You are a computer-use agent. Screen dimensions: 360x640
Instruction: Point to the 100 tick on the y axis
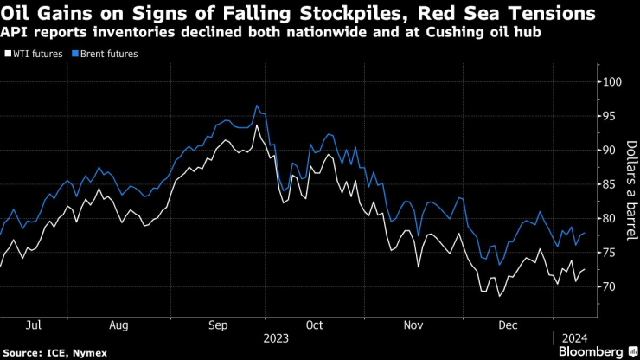[x=613, y=82]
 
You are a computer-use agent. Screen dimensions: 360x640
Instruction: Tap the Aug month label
[x=119, y=325]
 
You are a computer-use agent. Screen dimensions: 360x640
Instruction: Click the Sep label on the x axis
[x=219, y=325]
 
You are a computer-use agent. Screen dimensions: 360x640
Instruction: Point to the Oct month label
[x=314, y=325]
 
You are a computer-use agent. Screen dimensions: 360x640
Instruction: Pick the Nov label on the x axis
[x=413, y=325]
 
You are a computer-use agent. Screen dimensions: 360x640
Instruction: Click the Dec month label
[x=509, y=325]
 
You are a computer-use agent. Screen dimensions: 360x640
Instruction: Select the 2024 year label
[x=575, y=337]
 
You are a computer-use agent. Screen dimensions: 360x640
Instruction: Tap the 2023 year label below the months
[x=276, y=337]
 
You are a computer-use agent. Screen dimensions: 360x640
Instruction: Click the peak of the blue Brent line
[x=257, y=106]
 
